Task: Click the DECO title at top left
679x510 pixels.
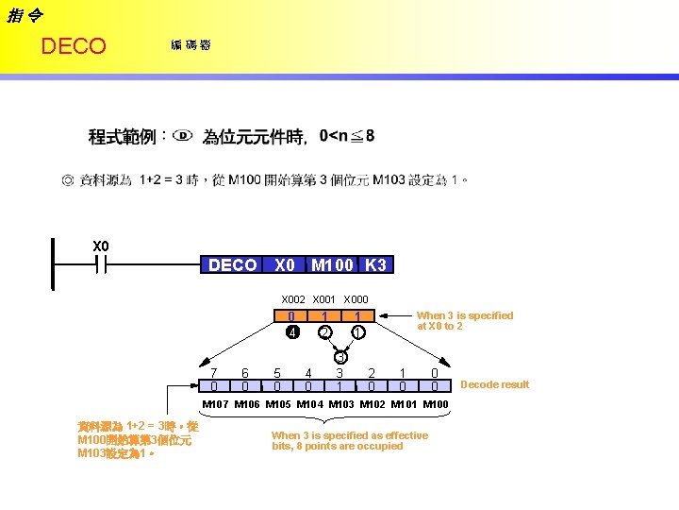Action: pyautogui.click(x=74, y=46)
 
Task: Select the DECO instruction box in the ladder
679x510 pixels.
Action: pyautogui.click(x=232, y=265)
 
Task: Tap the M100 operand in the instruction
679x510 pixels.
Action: pyautogui.click(x=333, y=265)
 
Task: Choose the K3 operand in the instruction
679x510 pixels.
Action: pyautogui.click(x=375, y=265)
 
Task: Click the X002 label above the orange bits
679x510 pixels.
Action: pyautogui.click(x=295, y=299)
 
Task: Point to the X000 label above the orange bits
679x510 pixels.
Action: pyautogui.click(x=356, y=299)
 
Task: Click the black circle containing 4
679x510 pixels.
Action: pyautogui.click(x=292, y=332)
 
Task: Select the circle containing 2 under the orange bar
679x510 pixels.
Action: pyautogui.click(x=324, y=332)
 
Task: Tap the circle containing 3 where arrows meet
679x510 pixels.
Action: pyautogui.click(x=340, y=357)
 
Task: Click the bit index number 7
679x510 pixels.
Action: pyautogui.click(x=214, y=373)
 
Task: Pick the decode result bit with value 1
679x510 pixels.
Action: pyautogui.click(x=339, y=386)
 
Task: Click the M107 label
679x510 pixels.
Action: pyautogui.click(x=216, y=404)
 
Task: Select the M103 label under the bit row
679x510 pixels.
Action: pyautogui.click(x=341, y=404)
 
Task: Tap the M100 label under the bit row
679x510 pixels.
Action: pyautogui.click(x=435, y=404)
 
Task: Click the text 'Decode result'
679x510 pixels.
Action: pyautogui.click(x=494, y=384)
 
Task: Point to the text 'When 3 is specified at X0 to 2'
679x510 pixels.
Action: pyautogui.click(x=464, y=321)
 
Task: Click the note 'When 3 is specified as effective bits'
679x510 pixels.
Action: pyautogui.click(x=349, y=441)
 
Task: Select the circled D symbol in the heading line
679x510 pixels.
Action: pyautogui.click(x=183, y=136)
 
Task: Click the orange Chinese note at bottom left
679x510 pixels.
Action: pyautogui.click(x=138, y=440)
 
